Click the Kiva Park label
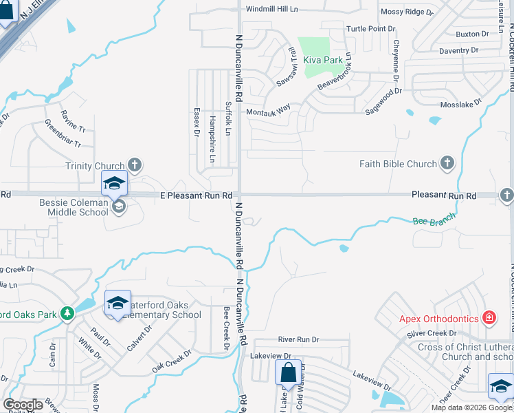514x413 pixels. point(323,61)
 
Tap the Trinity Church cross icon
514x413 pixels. point(135,165)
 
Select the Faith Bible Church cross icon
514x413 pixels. point(447,163)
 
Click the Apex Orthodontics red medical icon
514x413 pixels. point(489,318)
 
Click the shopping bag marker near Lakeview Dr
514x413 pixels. point(288,372)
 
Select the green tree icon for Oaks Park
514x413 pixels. point(67,314)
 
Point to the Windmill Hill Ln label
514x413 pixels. point(273,9)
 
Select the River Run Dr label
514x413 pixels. point(299,339)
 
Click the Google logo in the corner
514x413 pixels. point(23,405)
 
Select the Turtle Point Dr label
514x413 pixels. point(371,29)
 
